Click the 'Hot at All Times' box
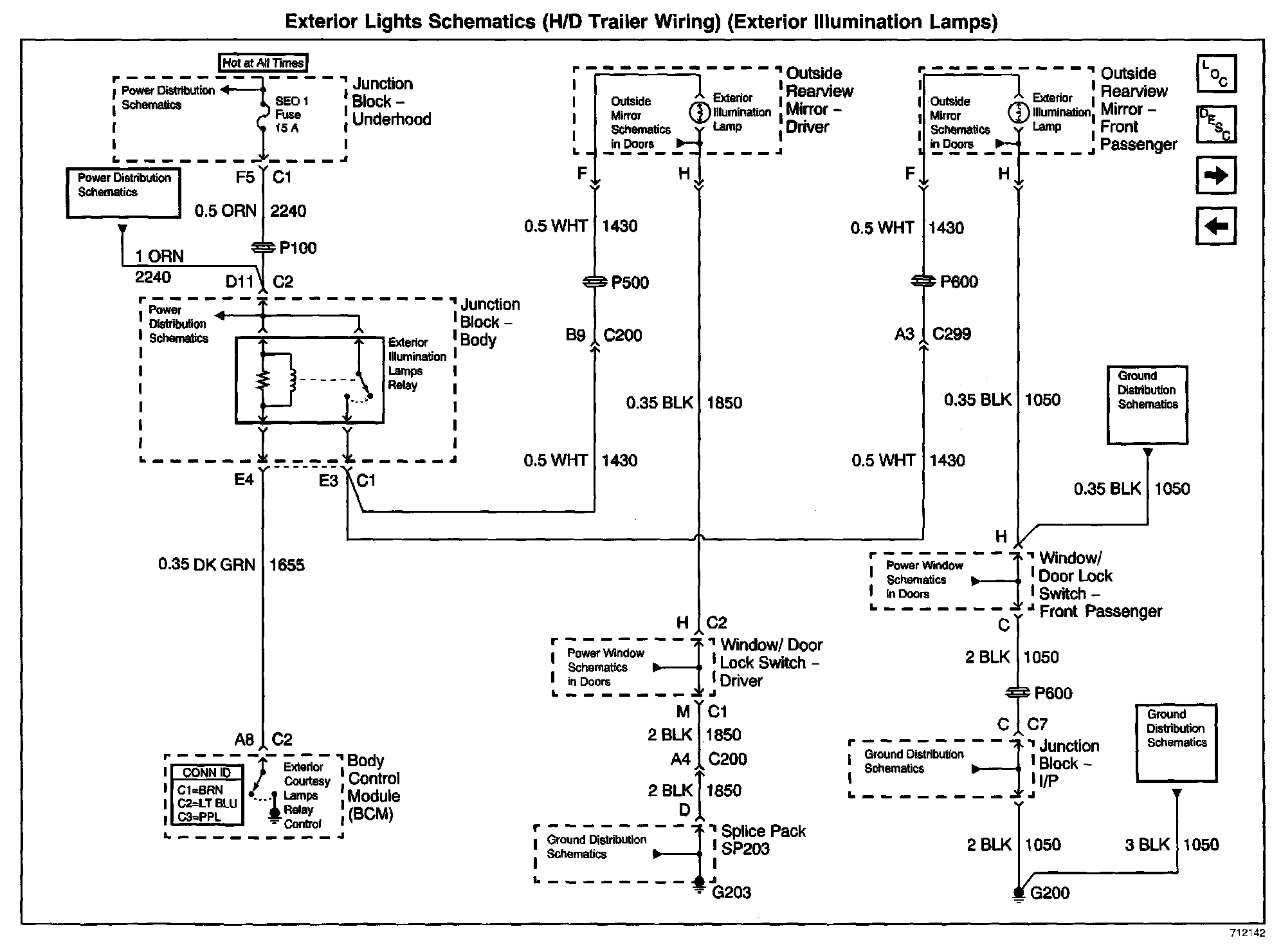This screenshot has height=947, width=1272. (262, 62)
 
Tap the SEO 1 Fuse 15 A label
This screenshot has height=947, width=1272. (292, 115)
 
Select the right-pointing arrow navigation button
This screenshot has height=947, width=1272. (1215, 175)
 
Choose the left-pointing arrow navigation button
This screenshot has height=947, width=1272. (1215, 226)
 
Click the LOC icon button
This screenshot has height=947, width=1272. (1215, 74)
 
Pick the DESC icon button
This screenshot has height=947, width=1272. (1215, 124)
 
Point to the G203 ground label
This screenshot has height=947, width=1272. (732, 892)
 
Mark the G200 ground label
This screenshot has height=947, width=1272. (1049, 893)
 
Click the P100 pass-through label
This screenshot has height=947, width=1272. (297, 248)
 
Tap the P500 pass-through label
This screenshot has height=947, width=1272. (630, 282)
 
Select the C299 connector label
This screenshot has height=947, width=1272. (952, 334)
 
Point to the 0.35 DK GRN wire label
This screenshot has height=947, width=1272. (206, 565)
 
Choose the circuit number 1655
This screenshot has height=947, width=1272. (287, 565)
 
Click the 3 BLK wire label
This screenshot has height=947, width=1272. (1147, 845)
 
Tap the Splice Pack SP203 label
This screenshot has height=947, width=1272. (763, 840)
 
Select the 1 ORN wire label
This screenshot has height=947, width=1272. (159, 257)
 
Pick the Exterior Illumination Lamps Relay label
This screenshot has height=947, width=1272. (417, 364)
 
